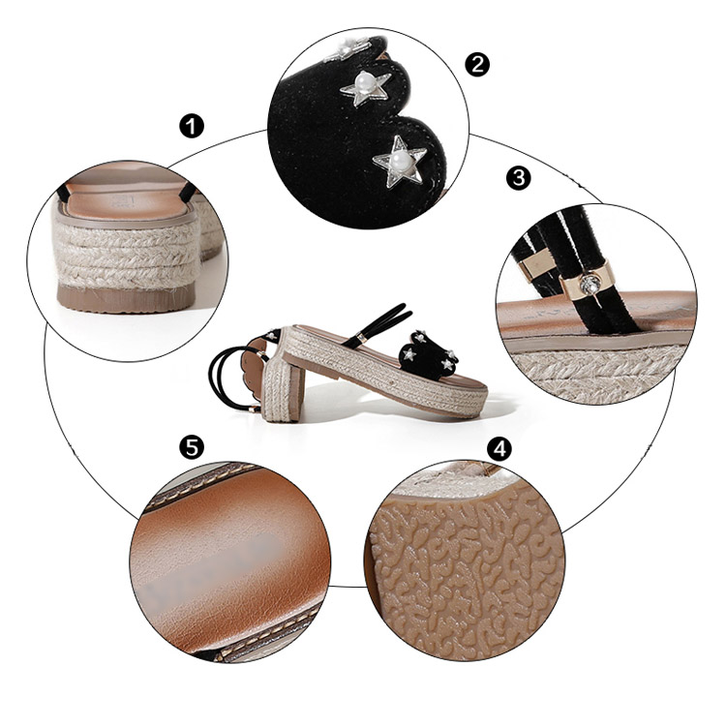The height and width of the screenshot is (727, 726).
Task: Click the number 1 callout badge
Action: click(x=192, y=126)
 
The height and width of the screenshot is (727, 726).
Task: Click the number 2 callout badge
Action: click(x=477, y=64)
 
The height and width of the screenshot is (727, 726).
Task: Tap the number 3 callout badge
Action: click(x=518, y=177)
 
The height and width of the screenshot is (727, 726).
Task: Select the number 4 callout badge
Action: click(x=499, y=449)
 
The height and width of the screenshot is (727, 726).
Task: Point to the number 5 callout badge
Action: click(x=192, y=447)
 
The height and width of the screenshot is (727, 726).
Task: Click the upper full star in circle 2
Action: click(x=365, y=87)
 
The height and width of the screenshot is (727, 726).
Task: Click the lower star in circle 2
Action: click(x=399, y=161)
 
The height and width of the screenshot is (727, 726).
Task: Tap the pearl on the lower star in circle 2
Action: click(x=401, y=161)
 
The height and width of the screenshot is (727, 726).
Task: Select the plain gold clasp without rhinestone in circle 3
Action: click(x=533, y=263)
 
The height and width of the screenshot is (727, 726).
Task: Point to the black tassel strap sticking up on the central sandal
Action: click(x=377, y=325)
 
